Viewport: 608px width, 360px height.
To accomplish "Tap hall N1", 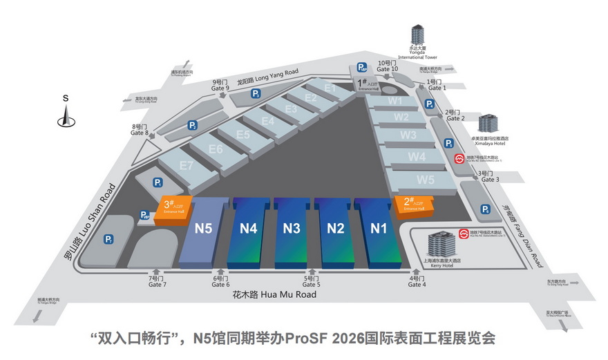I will coord(377,228).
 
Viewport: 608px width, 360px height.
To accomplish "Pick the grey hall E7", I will coord(186,166).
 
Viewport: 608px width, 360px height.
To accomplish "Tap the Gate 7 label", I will coord(157,281).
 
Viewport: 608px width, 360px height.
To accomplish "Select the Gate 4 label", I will coord(417,281).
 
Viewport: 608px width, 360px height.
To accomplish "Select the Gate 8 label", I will coord(140,130).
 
